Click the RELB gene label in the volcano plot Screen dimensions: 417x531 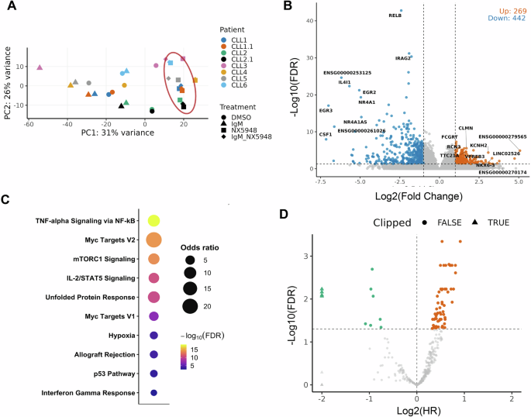395,15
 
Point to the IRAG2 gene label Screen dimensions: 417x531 402,58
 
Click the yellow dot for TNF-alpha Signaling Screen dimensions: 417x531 153,222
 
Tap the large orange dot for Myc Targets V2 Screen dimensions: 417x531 153,240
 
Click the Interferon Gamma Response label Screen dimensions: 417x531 86,394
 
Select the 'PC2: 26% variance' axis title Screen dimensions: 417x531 7,74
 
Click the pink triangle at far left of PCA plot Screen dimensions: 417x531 40,67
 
